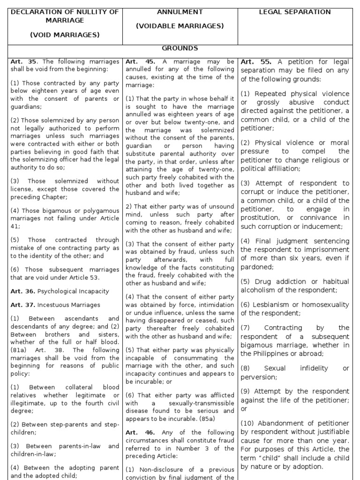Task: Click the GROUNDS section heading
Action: pyautogui.click(x=180, y=48)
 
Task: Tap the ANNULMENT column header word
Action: pyautogui.click(x=180, y=12)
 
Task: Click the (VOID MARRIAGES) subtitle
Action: pyautogui.click(x=65, y=35)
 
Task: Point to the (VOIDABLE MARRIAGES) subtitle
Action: pyautogui.click(x=180, y=26)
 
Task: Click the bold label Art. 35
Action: pyautogui.click(x=23, y=61)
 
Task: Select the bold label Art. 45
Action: pyautogui.click(x=138, y=61)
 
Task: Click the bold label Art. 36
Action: pyautogui.click(x=22, y=291)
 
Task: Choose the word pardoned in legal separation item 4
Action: pyautogui.click(x=256, y=267)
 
